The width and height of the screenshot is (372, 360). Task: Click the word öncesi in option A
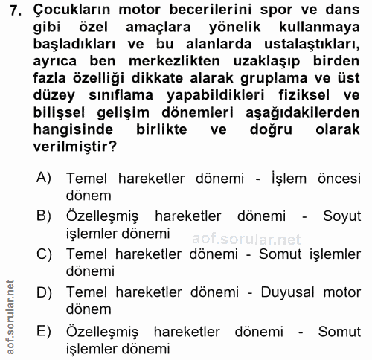[x=339, y=179]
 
